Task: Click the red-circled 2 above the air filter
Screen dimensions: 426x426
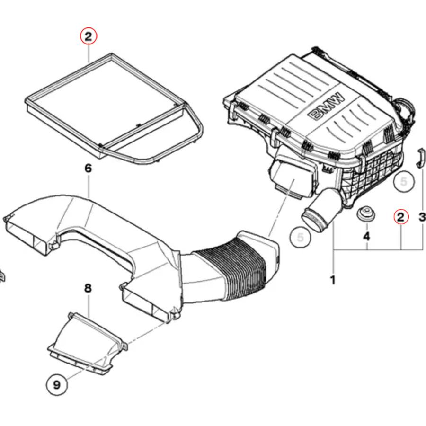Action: click(89, 36)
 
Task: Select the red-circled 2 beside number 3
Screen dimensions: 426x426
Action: click(400, 217)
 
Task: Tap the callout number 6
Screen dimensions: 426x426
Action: click(88, 168)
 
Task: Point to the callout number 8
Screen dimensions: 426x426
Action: click(88, 288)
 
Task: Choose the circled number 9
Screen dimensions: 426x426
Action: click(57, 384)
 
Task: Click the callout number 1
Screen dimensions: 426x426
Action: click(333, 280)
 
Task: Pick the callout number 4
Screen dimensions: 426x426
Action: click(366, 235)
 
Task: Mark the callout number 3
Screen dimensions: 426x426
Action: click(422, 217)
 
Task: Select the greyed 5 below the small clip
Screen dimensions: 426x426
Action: click(403, 181)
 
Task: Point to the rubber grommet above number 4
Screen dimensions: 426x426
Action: click(366, 213)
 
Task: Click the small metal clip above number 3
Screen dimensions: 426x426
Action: click(420, 158)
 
